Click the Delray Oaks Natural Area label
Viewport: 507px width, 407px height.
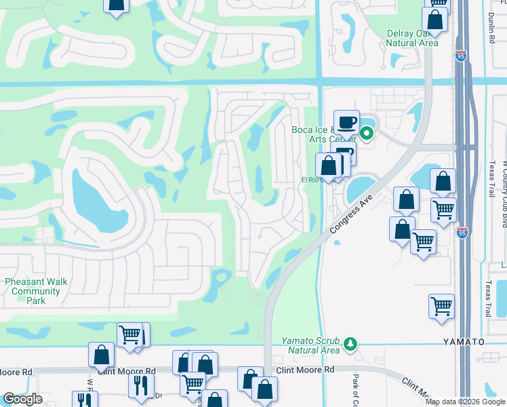(x=411, y=38)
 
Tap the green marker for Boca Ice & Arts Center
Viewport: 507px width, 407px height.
(x=367, y=134)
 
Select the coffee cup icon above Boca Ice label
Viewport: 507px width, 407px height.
(x=346, y=122)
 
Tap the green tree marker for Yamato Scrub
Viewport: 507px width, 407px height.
(x=350, y=344)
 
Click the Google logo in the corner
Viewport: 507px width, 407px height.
(x=22, y=399)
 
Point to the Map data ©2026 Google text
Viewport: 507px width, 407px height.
(x=465, y=402)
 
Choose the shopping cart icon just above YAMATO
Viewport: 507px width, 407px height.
(x=441, y=305)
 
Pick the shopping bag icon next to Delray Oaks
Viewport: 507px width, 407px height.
(x=434, y=20)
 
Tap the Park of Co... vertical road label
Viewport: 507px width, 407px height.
(x=354, y=389)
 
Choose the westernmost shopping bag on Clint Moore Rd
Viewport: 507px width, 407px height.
(x=101, y=355)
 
